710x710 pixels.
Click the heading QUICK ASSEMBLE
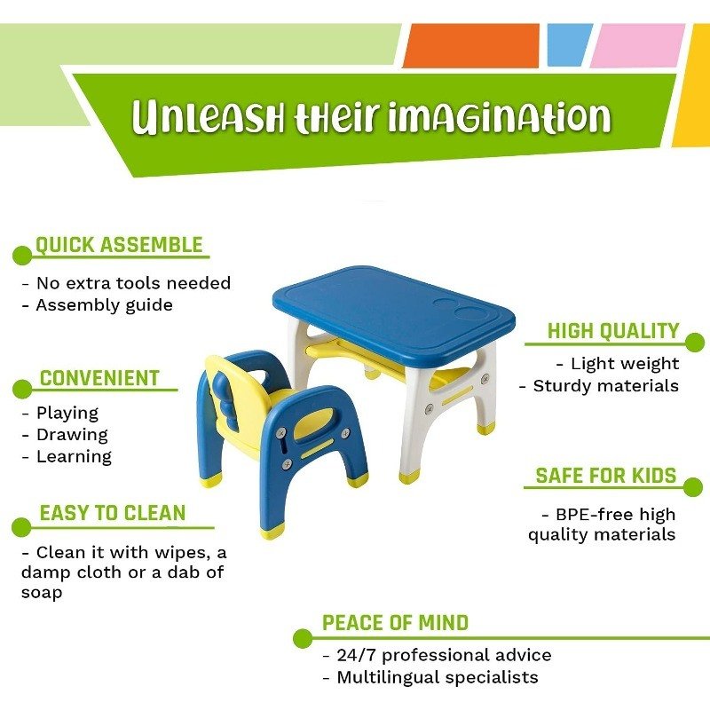119,245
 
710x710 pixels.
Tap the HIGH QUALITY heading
613,330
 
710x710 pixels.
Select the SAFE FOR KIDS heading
606,476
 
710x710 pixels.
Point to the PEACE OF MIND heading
395,623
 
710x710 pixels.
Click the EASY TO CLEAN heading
113,513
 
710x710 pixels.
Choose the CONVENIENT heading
99,378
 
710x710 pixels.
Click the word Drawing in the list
72,435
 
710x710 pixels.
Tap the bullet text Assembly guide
104,305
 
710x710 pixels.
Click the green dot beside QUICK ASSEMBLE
22,256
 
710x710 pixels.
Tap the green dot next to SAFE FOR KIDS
693,487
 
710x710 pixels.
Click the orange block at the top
471,46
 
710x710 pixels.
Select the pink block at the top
637,46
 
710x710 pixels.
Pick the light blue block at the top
570,45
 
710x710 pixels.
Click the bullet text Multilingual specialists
438,677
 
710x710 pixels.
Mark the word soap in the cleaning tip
42,593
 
